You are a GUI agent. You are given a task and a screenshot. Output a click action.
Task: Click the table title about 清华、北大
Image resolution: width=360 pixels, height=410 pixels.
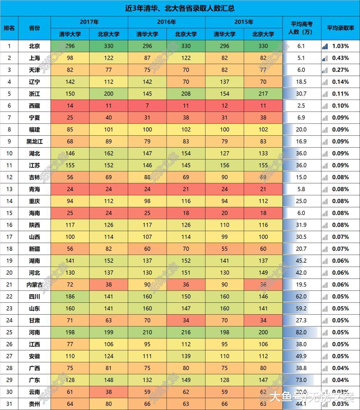[180, 8]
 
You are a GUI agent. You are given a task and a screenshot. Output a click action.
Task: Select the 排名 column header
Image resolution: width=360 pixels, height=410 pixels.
[9, 28]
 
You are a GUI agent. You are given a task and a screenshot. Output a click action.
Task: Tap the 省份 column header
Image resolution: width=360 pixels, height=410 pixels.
[35, 28]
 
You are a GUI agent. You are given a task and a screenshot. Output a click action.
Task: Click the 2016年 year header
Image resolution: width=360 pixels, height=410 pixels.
[166, 22]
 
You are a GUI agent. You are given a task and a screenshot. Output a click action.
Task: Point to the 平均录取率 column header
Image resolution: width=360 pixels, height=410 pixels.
[340, 28]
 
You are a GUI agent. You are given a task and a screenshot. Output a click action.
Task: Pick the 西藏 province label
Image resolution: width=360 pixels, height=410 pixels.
[35, 105]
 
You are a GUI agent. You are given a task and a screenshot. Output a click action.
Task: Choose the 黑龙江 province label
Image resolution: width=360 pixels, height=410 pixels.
[35, 141]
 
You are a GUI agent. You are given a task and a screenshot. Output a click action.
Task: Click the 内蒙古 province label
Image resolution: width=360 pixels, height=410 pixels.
[35, 284]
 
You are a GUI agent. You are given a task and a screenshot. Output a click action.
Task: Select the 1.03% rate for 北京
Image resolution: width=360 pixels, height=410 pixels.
[340, 46]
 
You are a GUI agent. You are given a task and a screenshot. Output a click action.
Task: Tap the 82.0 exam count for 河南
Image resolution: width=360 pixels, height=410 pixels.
[301, 332]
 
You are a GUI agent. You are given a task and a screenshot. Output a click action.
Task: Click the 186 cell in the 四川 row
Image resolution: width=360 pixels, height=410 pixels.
[70, 297]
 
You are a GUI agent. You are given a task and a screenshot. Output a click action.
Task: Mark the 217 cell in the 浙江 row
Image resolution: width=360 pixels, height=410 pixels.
[263, 94]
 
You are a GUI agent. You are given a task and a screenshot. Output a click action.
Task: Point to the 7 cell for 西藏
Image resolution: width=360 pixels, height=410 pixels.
[147, 105]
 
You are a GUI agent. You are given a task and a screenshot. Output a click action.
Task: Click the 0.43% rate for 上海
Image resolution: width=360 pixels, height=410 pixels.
[340, 58]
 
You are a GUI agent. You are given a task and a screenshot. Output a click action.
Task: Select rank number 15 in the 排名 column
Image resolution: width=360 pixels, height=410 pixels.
[9, 213]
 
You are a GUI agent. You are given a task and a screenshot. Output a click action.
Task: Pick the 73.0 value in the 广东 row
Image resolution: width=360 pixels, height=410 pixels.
[301, 380]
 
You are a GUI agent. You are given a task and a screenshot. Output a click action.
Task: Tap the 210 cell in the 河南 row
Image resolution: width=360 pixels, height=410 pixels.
[147, 332]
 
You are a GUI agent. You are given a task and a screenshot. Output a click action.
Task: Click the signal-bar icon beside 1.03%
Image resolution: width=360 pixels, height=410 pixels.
[325, 46]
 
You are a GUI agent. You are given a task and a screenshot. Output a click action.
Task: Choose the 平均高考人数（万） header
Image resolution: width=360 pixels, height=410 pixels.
[301, 28]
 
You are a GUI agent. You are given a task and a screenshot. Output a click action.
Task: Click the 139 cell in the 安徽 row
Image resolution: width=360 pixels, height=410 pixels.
[186, 356]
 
